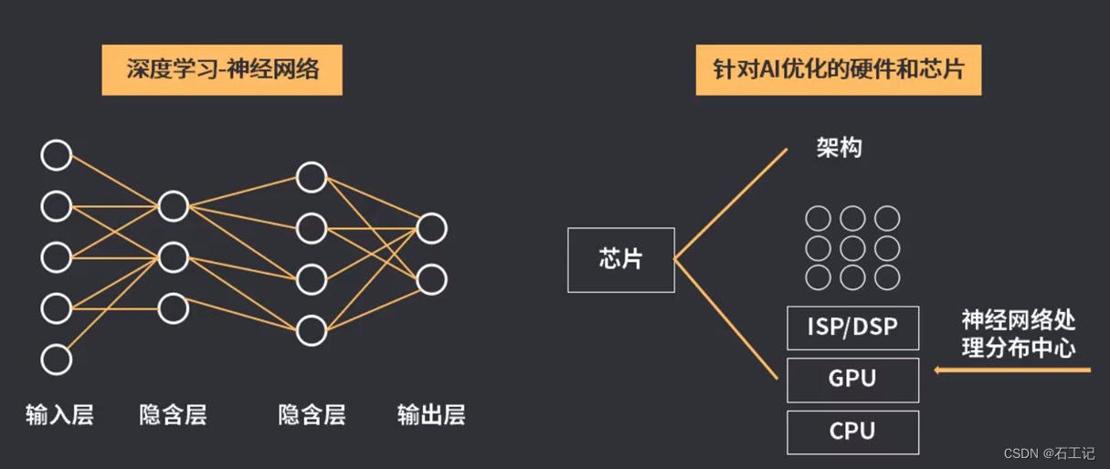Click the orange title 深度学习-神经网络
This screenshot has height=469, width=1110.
pyautogui.click(x=222, y=68)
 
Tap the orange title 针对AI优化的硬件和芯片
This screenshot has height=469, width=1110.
pyautogui.click(x=838, y=68)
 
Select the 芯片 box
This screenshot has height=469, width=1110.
pyautogui.click(x=621, y=259)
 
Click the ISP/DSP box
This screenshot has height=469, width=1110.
pyautogui.click(x=852, y=327)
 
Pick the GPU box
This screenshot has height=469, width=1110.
pyautogui.click(x=852, y=380)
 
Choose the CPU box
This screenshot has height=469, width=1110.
pyautogui.click(x=852, y=432)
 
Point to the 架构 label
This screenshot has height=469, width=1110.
pyautogui.click(x=839, y=148)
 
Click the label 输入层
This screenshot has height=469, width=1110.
pyautogui.click(x=59, y=415)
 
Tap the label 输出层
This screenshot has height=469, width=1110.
pyautogui.click(x=431, y=415)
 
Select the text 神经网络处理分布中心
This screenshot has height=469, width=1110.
pyautogui.click(x=1018, y=333)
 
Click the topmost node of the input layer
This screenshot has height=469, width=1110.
pyautogui.click(x=57, y=155)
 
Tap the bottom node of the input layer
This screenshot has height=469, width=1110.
pyautogui.click(x=57, y=360)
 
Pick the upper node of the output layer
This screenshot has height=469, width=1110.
pyautogui.click(x=431, y=228)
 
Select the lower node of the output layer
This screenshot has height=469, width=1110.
pyautogui.click(x=431, y=279)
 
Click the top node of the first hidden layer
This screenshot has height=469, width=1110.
pyautogui.click(x=174, y=206)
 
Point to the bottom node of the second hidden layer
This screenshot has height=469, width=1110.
pyautogui.click(x=312, y=330)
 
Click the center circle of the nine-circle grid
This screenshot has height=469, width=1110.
pyautogui.click(x=852, y=248)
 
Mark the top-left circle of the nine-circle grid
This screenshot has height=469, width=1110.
pyautogui.click(x=818, y=219)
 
